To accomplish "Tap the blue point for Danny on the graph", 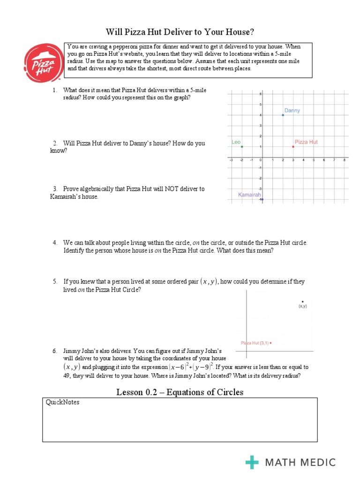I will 283,115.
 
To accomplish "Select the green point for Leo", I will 242,147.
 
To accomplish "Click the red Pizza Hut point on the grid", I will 293,147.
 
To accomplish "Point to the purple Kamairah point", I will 262,200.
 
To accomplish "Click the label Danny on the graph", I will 292,111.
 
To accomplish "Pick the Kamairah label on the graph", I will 249,195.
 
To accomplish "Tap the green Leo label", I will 236,142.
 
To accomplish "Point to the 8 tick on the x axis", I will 345,160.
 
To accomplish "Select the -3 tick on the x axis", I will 231,160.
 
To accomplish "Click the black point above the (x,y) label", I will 302,301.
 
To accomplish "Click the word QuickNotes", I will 62,402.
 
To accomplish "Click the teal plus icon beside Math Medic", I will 252,462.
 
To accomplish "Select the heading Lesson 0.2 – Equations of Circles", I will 180,392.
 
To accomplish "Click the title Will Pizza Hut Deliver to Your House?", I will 180,32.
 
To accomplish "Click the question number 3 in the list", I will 55,189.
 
